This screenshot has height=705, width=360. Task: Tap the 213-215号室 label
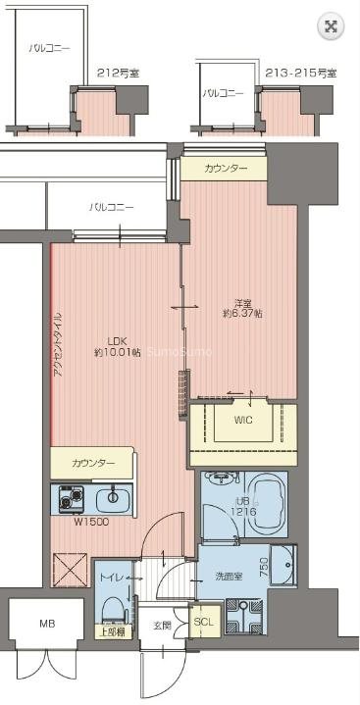[x=300, y=72]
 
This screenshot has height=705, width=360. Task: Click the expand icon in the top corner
[x=332, y=26]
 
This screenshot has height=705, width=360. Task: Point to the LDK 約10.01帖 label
[x=117, y=345]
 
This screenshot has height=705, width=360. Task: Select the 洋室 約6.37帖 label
[x=239, y=307]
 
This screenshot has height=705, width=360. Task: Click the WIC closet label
[x=243, y=421]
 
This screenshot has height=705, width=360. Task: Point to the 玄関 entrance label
[x=161, y=625]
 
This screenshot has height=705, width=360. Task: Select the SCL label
[x=202, y=621]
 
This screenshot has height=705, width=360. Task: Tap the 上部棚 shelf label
[x=111, y=631]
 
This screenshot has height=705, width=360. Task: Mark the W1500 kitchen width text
[x=90, y=522]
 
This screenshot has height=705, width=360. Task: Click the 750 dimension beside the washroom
[x=263, y=567]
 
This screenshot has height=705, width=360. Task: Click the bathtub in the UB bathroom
[x=266, y=504]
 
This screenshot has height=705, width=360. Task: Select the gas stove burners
[x=70, y=498]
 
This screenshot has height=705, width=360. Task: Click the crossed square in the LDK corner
[x=71, y=567]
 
